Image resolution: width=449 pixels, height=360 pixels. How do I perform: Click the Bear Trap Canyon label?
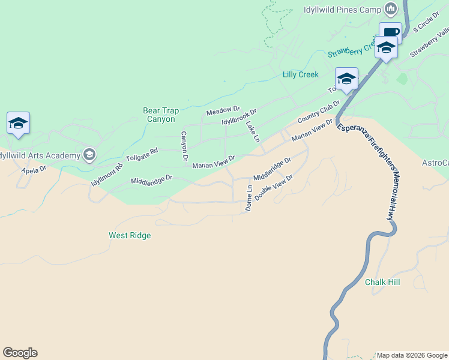click(x=161, y=115)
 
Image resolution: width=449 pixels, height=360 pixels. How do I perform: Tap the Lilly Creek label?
click(x=300, y=74)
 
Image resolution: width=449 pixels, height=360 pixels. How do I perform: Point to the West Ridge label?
click(x=130, y=235)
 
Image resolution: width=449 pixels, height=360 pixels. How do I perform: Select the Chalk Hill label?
click(x=382, y=282)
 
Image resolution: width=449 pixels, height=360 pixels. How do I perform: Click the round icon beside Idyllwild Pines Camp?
click(x=391, y=8)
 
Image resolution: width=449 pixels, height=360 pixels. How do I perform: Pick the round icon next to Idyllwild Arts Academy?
click(x=89, y=155)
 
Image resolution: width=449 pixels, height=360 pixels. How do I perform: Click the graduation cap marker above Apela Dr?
click(x=18, y=123)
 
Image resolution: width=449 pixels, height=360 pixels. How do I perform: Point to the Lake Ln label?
click(x=253, y=131)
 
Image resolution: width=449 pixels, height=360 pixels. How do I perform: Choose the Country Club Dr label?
click(x=318, y=112)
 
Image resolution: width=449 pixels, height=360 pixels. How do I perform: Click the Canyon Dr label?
click(x=184, y=146)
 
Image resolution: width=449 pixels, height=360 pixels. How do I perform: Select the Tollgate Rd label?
click(x=142, y=155)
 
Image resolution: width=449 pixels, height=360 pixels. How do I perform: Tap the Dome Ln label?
click(x=249, y=198)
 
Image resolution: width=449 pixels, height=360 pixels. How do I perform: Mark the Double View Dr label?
click(x=273, y=188)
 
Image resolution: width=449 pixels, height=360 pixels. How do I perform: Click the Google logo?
click(x=20, y=353)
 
